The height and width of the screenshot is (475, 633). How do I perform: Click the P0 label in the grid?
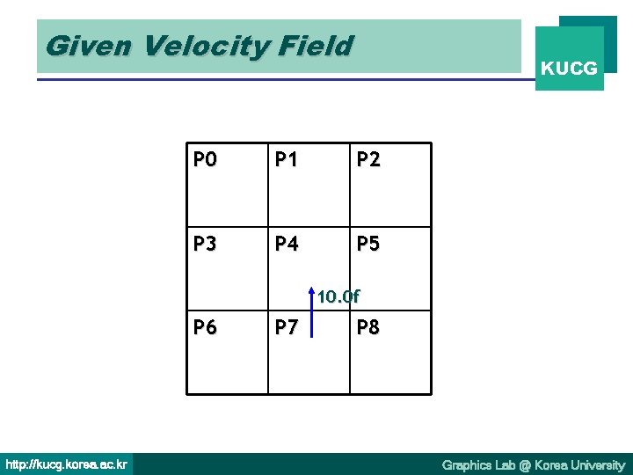[x=205, y=159]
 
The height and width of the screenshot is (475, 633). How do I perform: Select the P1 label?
[x=287, y=159]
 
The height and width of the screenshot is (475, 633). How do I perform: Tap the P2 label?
[x=368, y=159]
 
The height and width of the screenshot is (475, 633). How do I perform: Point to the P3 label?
[x=205, y=244]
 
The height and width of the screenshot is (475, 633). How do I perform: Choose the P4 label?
[x=287, y=244]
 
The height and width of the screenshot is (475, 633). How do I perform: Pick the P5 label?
[x=368, y=244]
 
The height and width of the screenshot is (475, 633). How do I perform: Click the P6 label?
[x=205, y=328]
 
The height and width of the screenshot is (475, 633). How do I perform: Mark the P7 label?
[x=287, y=328]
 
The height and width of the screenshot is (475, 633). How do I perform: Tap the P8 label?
[x=368, y=328]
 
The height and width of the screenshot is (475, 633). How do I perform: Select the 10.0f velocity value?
[x=338, y=296]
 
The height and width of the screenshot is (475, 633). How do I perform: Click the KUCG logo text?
[x=570, y=68]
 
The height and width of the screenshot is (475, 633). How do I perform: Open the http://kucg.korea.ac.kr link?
[x=66, y=464]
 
